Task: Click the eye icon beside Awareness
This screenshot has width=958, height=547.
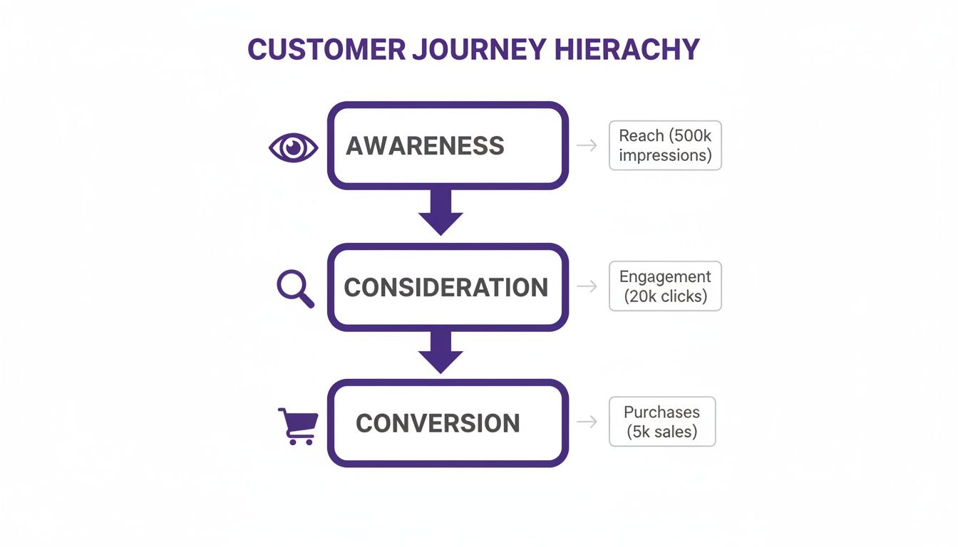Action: (x=293, y=147)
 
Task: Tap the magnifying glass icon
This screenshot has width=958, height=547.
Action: (x=294, y=288)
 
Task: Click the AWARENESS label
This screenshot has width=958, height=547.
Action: (x=425, y=146)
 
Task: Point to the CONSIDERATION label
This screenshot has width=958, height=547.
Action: (x=446, y=288)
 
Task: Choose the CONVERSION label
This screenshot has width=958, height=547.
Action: (x=438, y=423)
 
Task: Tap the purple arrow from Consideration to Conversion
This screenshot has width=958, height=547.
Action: (x=441, y=353)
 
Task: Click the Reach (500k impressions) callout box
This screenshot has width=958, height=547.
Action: (x=665, y=145)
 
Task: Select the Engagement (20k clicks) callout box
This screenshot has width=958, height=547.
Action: (x=665, y=286)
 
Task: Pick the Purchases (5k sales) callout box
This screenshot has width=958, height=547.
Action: (x=661, y=422)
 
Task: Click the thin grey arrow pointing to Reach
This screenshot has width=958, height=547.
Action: (x=587, y=145)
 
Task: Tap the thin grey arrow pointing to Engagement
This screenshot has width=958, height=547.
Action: (x=587, y=286)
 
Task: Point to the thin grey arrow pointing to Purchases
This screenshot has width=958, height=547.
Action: (x=587, y=422)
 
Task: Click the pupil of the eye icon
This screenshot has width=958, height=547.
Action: (x=293, y=147)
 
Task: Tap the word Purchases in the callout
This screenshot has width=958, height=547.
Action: (x=661, y=412)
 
